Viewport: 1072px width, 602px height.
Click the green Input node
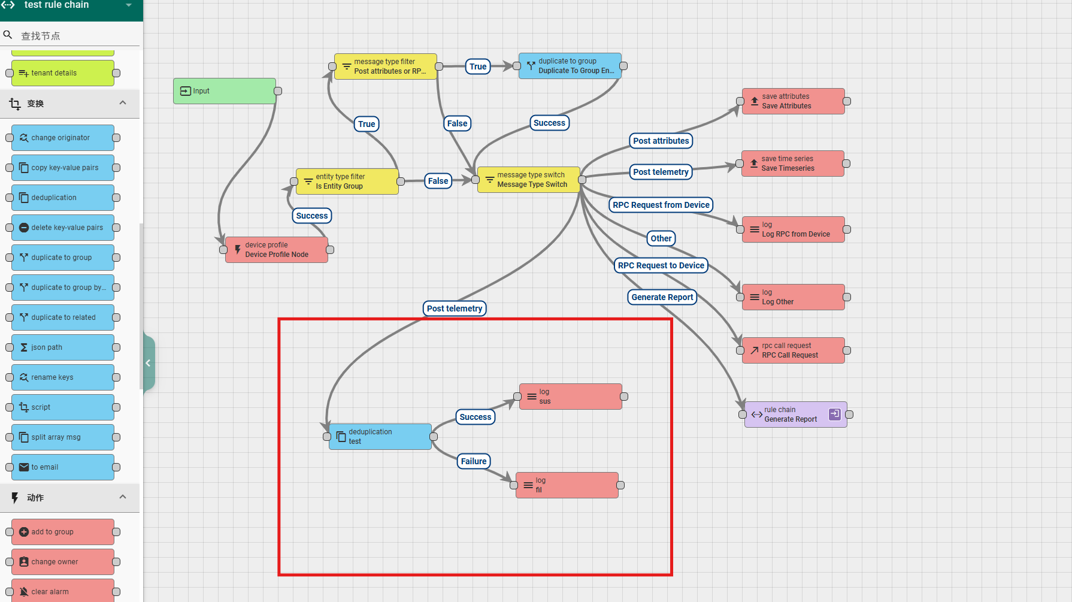[x=225, y=91]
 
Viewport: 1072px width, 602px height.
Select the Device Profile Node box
[x=277, y=250]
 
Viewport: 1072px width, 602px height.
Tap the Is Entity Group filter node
[x=347, y=181]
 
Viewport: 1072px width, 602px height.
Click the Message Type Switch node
[x=529, y=180]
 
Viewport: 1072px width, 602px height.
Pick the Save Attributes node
[x=794, y=101]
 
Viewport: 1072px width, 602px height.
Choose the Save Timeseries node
[x=793, y=164]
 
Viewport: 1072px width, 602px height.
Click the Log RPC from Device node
[x=794, y=229]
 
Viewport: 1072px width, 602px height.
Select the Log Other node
[x=794, y=297]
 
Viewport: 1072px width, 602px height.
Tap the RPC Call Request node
[x=794, y=350]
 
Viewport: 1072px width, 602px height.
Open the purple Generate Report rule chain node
[x=795, y=415]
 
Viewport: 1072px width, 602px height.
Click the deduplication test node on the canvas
[x=380, y=437]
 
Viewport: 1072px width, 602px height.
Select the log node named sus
[x=571, y=397]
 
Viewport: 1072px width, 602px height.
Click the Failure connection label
[x=474, y=461]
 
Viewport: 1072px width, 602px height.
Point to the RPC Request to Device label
[x=661, y=265]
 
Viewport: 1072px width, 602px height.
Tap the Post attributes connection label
[x=661, y=141]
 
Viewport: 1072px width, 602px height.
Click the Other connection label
[x=661, y=238]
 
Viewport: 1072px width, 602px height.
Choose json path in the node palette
[x=63, y=347]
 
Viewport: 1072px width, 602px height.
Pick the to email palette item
[x=63, y=467]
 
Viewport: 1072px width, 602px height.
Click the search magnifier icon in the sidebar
[x=8, y=35]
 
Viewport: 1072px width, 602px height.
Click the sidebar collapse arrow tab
[x=149, y=363]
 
